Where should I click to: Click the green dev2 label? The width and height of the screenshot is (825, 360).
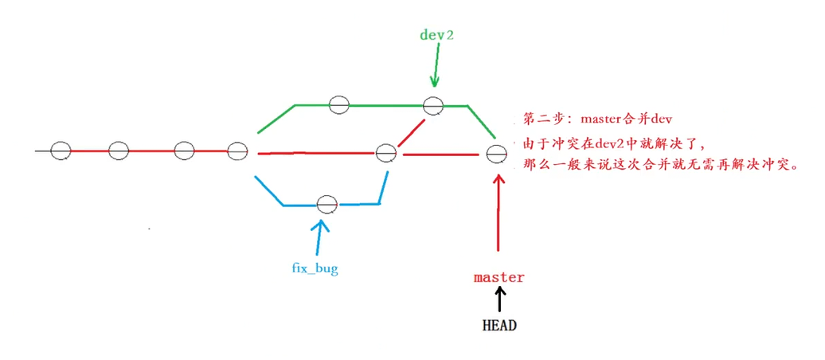pos(436,35)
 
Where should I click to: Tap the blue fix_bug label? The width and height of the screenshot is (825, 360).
pos(315,268)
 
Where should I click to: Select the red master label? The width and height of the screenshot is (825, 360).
pos(499,277)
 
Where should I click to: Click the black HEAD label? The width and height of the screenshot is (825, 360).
pos(500,325)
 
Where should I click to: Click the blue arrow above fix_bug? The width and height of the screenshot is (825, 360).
pos(320,235)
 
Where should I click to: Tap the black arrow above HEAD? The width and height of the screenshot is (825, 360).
pos(499,299)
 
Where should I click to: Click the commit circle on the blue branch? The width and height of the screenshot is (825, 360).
pos(326,205)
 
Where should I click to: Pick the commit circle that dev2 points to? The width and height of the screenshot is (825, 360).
pos(432,105)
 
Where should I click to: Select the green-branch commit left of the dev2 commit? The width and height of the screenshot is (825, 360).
pos(339,104)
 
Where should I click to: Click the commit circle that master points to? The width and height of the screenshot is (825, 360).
pos(497,154)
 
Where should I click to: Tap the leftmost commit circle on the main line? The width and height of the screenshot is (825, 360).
pos(61,151)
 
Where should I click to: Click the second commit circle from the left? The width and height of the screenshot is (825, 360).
pos(119,151)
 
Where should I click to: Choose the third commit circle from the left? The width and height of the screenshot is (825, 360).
pos(184,151)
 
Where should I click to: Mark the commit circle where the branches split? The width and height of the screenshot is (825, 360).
pos(238,151)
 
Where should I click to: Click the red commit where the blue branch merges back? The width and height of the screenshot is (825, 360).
pos(386,152)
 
